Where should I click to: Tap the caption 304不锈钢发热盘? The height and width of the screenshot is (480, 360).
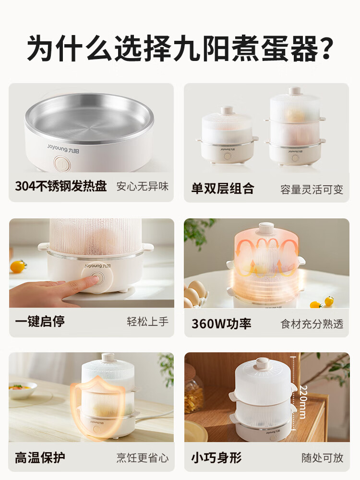[61, 187]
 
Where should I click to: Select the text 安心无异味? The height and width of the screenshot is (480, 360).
[143, 187]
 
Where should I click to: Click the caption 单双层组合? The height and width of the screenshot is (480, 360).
[223, 188]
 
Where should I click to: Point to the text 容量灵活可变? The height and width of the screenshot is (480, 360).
[312, 189]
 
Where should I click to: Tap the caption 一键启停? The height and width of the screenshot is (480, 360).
[40, 322]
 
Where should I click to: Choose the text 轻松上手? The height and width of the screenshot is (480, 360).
[148, 322]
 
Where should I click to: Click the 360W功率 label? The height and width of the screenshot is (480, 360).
[221, 324]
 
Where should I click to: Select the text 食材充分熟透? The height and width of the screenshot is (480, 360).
[312, 324]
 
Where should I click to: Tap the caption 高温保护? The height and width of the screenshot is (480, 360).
[40, 457]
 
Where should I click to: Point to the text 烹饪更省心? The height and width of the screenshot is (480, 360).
[143, 457]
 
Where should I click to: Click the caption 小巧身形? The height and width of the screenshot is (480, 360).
[216, 457]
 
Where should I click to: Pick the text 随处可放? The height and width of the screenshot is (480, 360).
[323, 457]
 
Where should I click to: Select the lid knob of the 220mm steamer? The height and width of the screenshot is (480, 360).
[263, 362]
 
